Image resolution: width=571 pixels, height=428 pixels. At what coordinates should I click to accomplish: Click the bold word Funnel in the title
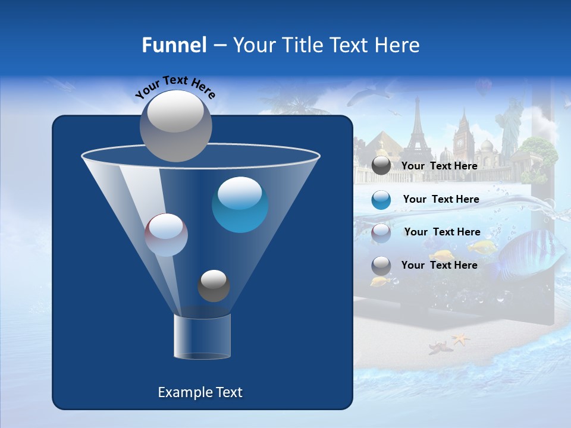[174, 45]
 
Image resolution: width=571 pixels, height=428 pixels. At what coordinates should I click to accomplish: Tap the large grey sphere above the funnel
[175, 125]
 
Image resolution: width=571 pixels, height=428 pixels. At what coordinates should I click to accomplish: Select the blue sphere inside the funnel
[240, 204]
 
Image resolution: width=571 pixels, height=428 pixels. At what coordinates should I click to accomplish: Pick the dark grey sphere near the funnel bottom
[214, 286]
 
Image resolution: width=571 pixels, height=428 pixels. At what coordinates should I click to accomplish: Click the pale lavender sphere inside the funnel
[167, 235]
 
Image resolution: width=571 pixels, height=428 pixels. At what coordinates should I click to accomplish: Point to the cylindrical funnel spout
[202, 336]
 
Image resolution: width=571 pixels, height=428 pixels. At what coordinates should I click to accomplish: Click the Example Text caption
[200, 392]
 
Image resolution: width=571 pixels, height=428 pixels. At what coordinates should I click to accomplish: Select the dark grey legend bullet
[381, 166]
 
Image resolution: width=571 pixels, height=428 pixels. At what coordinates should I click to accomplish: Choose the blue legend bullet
[381, 199]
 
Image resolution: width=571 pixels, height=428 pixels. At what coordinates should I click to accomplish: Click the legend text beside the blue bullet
[441, 199]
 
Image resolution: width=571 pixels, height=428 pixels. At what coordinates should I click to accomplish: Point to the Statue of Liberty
[509, 128]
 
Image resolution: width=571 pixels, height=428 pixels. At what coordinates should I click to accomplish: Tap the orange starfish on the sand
[460, 339]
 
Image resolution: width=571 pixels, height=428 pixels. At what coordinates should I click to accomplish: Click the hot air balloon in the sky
[483, 88]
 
